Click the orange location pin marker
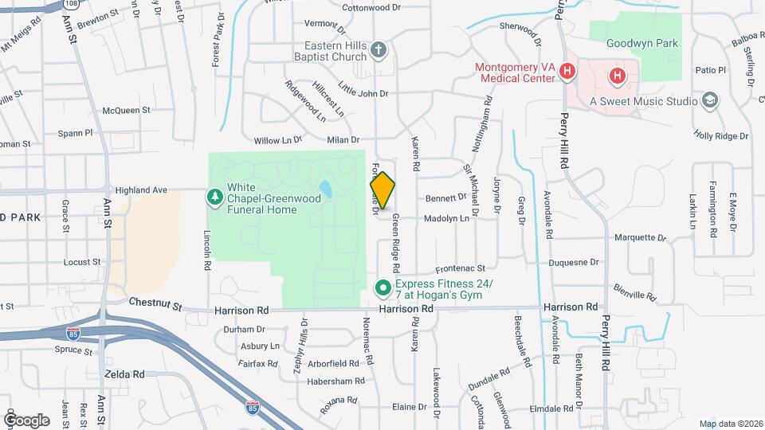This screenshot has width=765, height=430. click(x=383, y=190)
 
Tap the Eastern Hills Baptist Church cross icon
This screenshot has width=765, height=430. click(x=379, y=53)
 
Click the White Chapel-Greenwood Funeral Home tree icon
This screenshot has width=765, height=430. click(x=214, y=196)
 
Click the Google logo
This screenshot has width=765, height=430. click(x=26, y=420)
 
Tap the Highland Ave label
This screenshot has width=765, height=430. click(x=141, y=190)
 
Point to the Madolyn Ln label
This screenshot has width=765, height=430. click(x=446, y=218)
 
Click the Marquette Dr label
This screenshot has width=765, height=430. click(x=640, y=237)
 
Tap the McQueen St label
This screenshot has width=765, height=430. click(x=122, y=111)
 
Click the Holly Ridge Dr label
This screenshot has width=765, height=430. click(x=721, y=136)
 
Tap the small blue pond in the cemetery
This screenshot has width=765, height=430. click(x=325, y=190)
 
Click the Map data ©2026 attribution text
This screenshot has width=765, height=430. click(x=731, y=424)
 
